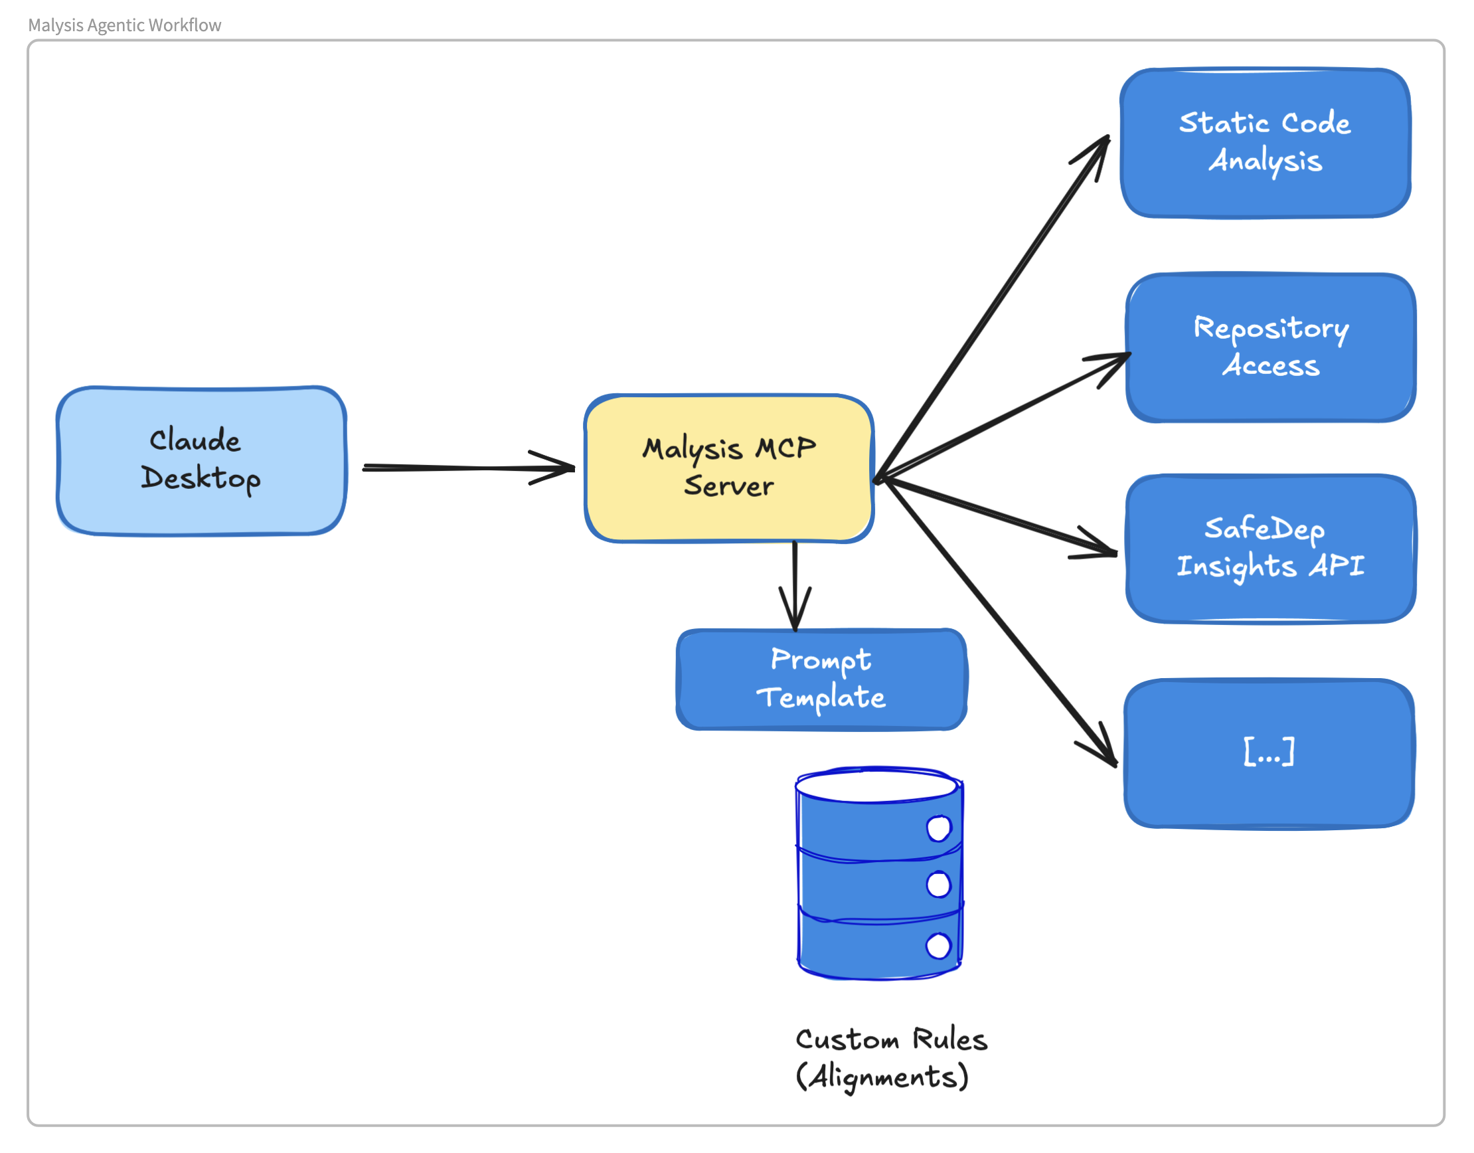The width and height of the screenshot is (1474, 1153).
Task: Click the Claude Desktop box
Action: coord(201,461)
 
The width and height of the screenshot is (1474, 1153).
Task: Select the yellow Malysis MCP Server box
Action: coord(729,468)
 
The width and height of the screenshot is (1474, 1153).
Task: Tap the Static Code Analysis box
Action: coord(1266,143)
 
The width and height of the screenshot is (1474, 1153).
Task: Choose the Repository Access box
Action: coord(1270,347)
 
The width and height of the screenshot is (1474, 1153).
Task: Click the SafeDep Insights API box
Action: coord(1270,548)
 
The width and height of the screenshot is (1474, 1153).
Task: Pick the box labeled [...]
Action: coord(1269,753)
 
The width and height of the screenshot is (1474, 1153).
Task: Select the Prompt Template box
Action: coord(821,679)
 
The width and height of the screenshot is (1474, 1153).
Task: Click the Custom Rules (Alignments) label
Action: coord(891,1058)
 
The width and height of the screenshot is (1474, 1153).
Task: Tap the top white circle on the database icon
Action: coord(939,828)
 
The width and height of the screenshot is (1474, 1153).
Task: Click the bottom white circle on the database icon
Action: coord(938,946)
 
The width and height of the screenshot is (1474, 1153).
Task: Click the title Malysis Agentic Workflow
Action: coord(124,25)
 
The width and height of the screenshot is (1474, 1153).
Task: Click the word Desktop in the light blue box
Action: coord(201,479)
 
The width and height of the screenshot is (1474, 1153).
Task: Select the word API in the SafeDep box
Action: coord(1337,566)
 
